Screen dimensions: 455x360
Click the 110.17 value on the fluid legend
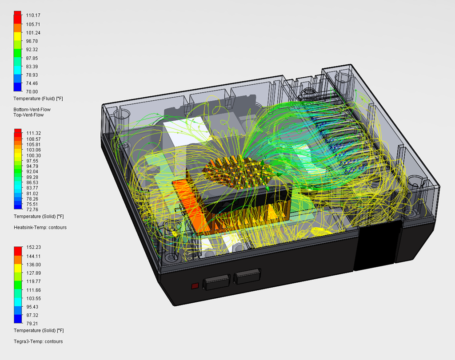point(33,16)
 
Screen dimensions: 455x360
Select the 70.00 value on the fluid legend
point(32,91)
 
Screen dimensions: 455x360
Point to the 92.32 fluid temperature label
point(32,50)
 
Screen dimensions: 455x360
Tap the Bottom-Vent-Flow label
point(32,110)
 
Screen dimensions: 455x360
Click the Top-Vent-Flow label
point(28,115)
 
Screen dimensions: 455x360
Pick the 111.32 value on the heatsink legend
point(34,133)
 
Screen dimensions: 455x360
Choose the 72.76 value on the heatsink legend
point(32,210)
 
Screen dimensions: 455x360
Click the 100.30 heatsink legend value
point(34,155)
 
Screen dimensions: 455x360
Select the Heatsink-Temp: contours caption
point(40,228)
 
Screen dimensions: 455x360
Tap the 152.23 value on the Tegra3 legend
point(34,247)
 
